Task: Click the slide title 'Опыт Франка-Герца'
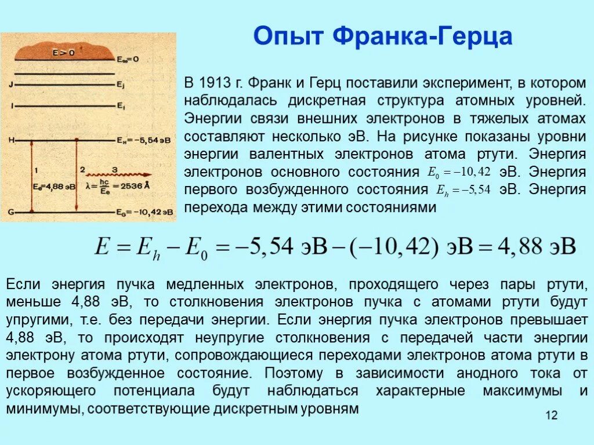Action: pos(383,37)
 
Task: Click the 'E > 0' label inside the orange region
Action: pos(64,53)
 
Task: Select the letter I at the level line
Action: pos(12,107)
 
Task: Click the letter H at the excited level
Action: pos(12,140)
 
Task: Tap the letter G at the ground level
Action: pos(12,213)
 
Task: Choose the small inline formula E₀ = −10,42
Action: pos(459,172)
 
